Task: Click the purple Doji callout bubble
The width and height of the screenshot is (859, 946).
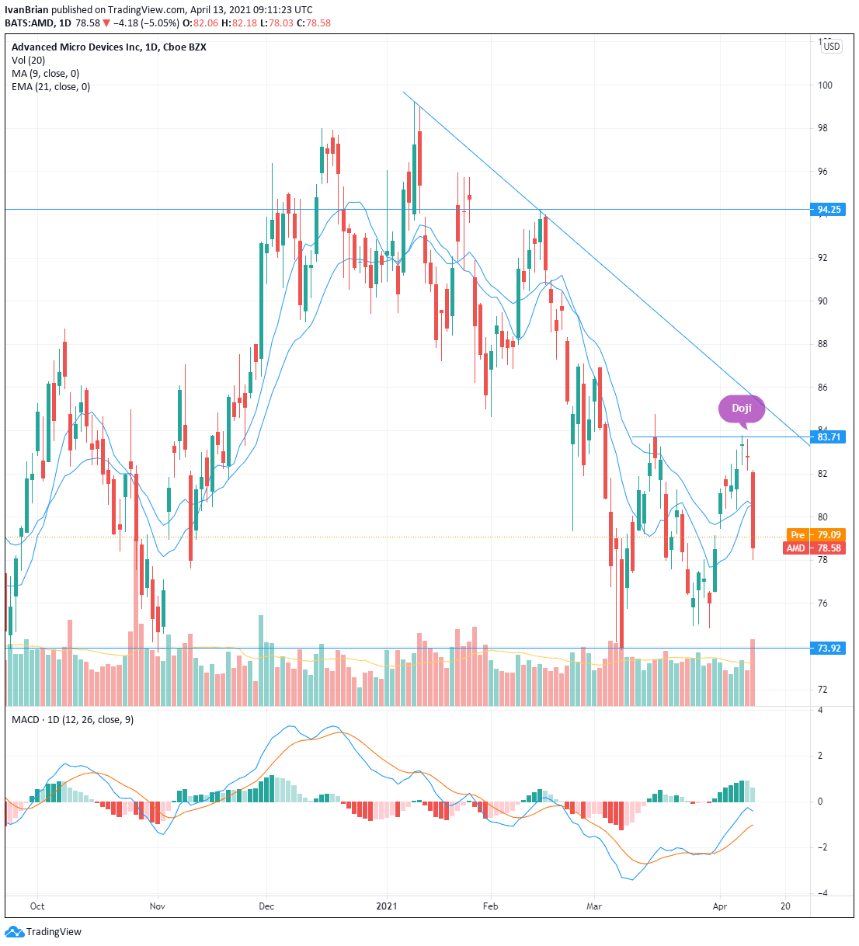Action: click(x=741, y=409)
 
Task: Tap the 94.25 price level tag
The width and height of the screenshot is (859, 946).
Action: click(x=828, y=209)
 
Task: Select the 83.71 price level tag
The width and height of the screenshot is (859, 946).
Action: click(x=828, y=436)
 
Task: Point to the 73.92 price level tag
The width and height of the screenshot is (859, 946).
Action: click(x=828, y=648)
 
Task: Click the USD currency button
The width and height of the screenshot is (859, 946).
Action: click(x=831, y=47)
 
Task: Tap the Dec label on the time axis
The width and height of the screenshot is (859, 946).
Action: click(x=266, y=906)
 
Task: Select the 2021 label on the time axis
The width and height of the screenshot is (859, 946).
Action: click(x=386, y=906)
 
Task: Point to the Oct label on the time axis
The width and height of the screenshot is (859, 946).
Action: click(x=37, y=906)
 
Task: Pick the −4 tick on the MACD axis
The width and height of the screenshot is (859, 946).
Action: click(x=822, y=893)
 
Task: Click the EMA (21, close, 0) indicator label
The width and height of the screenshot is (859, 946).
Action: click(x=50, y=86)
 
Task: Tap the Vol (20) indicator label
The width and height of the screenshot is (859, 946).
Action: click(x=28, y=60)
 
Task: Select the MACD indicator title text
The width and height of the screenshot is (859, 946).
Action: click(x=72, y=719)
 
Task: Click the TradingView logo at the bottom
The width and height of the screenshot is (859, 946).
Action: click(x=43, y=931)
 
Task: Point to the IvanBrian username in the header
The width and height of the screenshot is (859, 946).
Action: click(x=26, y=10)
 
